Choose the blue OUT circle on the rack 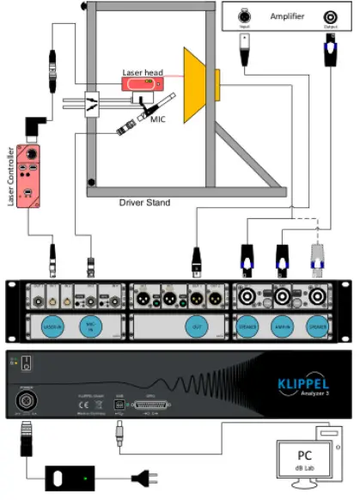[197, 326]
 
